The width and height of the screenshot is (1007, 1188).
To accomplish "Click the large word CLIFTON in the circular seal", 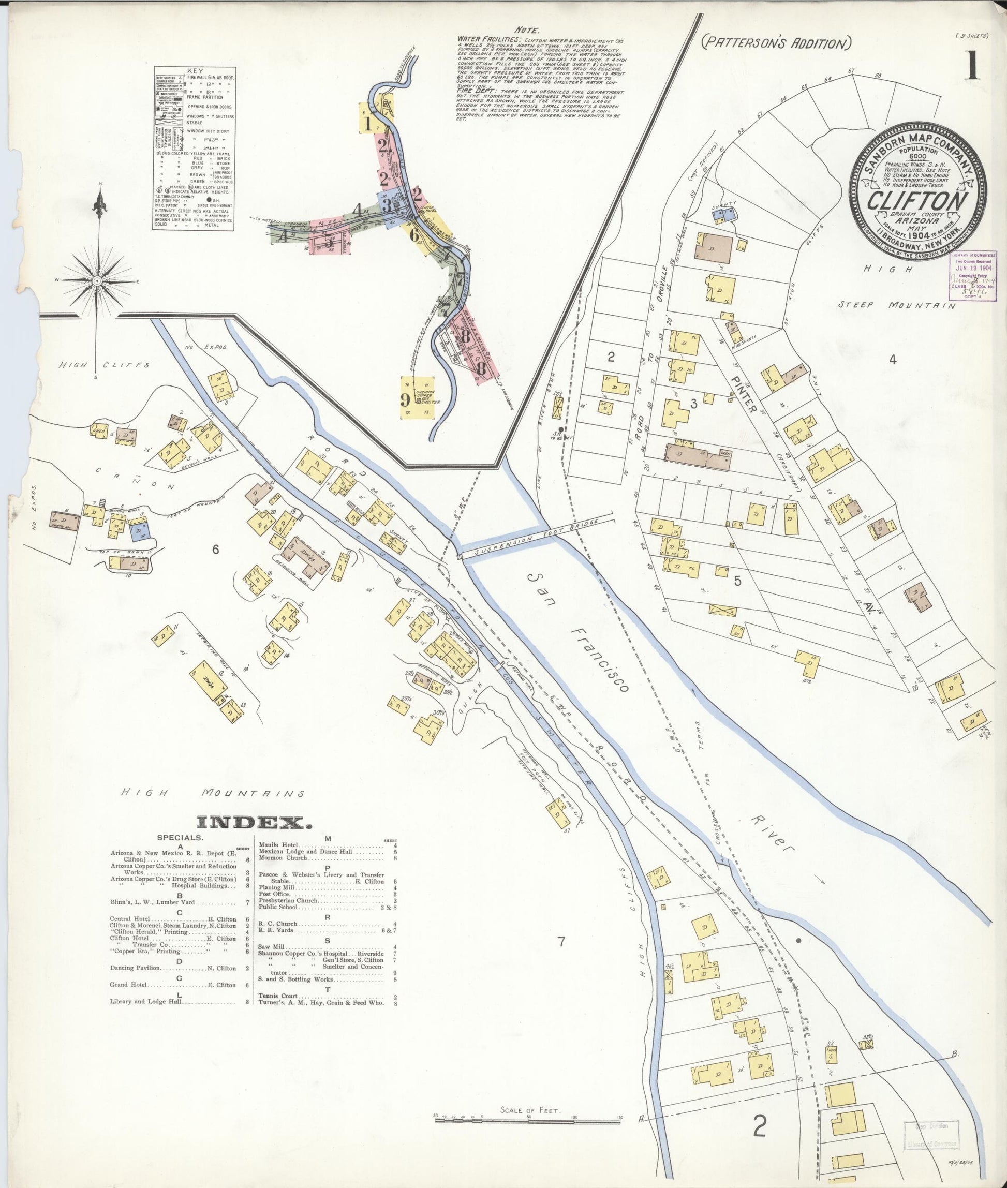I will [918, 201].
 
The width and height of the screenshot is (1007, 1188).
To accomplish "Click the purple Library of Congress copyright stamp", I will [972, 276].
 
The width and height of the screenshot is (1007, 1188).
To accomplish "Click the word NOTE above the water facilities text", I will [526, 29].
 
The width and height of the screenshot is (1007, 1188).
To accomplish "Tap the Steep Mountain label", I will [896, 305].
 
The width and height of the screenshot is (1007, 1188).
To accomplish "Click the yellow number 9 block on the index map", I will [405, 398].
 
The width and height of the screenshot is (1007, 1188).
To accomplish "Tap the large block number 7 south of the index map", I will [560, 942].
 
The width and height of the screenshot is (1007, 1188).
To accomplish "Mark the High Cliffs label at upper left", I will [105, 365].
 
